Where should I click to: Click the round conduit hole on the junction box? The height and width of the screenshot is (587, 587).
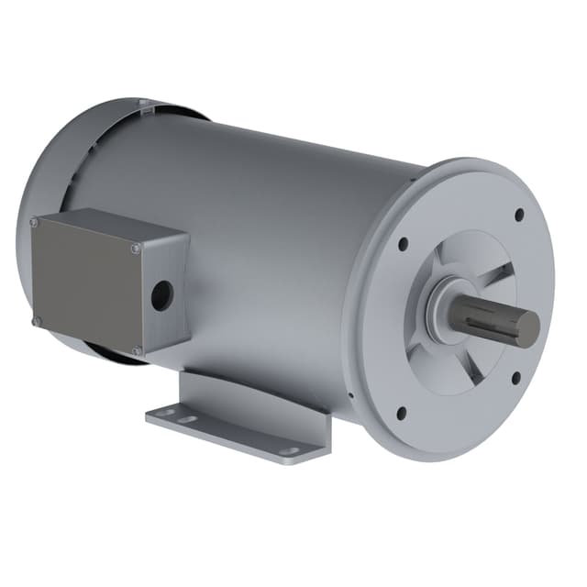162,294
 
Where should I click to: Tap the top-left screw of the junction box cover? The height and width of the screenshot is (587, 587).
34,222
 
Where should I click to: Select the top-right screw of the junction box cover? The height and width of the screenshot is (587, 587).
136,245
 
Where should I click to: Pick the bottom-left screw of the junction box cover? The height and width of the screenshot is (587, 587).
36,321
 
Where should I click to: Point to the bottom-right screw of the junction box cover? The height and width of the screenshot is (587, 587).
136,350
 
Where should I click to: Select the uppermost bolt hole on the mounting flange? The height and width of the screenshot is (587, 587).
519,214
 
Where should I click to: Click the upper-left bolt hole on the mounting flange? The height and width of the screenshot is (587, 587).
403,244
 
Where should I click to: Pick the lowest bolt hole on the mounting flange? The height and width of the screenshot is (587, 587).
401,411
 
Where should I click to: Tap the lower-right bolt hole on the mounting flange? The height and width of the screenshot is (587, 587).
515,376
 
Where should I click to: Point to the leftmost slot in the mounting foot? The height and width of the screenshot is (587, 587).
164,415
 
